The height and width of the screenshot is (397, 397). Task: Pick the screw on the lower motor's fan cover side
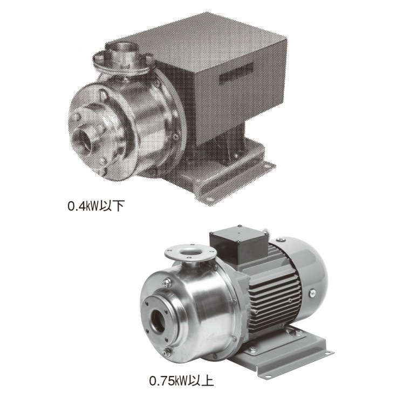pos(313,293)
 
